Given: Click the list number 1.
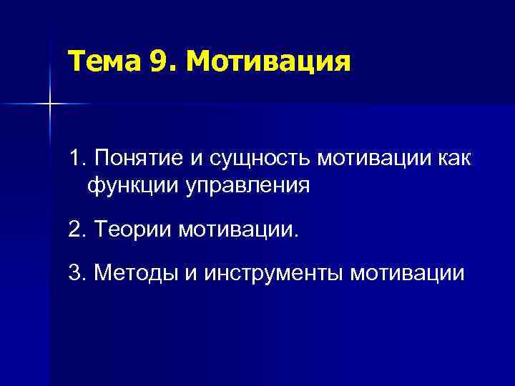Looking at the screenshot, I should pyautogui.click(x=77, y=157).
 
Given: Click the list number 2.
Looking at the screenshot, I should pyautogui.click(x=77, y=231).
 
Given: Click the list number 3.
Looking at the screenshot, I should pyautogui.click(x=77, y=272).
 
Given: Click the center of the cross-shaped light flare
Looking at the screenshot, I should pyautogui.click(x=50, y=104).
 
